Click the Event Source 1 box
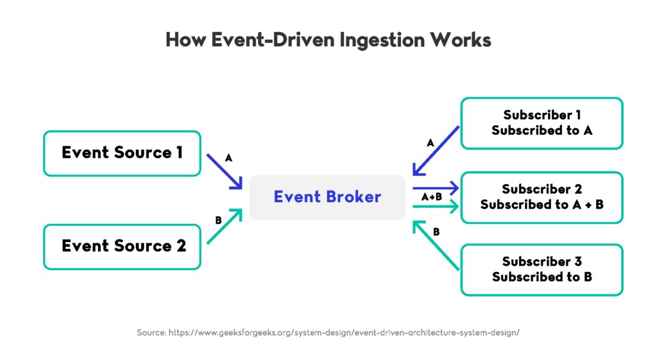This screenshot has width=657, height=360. (x=122, y=153)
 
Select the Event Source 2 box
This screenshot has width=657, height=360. (x=122, y=246)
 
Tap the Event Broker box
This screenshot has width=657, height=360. (x=327, y=197)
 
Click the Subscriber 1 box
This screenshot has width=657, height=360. (x=542, y=123)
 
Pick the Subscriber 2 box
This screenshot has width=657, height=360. (x=542, y=197)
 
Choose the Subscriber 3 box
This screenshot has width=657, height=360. (x=542, y=270)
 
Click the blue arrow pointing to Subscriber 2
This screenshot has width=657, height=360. (x=436, y=188)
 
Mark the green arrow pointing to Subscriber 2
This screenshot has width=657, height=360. (x=436, y=207)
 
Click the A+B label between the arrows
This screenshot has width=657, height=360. (x=432, y=198)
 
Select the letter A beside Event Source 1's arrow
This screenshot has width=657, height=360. (x=228, y=157)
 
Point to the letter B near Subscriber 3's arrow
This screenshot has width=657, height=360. (x=436, y=232)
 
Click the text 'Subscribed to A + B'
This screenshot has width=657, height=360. (x=542, y=205)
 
